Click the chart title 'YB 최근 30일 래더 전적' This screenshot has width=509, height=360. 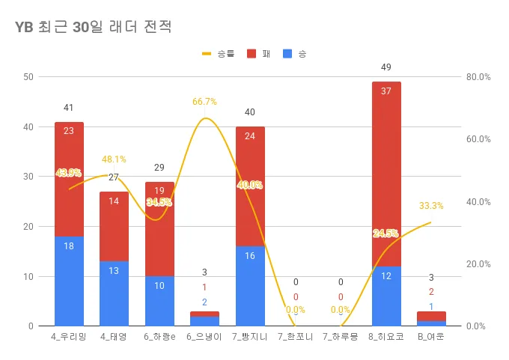tap(94, 28)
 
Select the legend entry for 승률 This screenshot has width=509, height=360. tap(218, 54)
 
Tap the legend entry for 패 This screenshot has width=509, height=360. tap(258, 54)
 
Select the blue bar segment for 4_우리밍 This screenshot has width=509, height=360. tap(69, 281)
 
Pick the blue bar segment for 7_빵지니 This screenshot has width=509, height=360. tap(250, 286)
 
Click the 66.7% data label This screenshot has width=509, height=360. tap(204, 102)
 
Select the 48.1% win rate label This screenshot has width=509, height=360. tap(114, 159)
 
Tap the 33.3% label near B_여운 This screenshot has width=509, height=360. tap(431, 206)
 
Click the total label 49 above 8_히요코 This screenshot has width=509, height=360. tap(385, 67)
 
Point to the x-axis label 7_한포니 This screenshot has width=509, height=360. tap(295, 336)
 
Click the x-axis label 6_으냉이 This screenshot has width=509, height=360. tap(204, 336)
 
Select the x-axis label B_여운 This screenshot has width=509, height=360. tap(431, 336)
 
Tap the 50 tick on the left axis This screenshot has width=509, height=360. tap(28, 77)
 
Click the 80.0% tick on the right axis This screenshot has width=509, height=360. tap(478, 77)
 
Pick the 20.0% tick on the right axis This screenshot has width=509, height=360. tap(478, 264)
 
